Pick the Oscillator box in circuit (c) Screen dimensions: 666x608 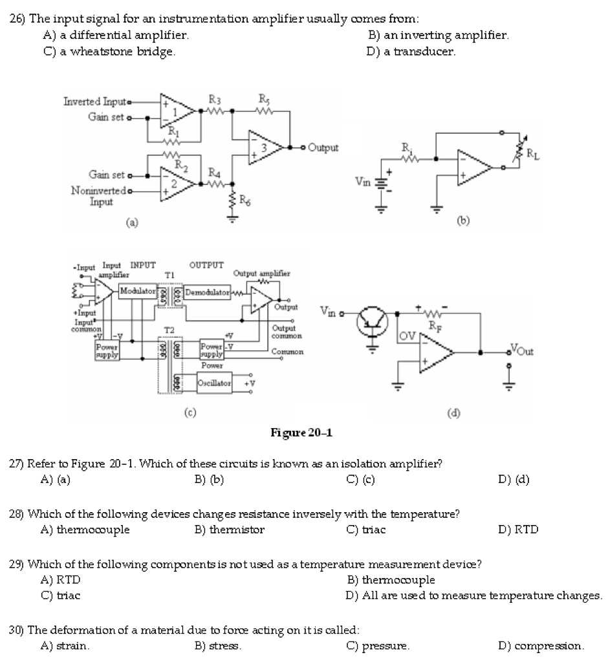215,383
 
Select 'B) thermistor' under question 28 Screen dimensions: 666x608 230,530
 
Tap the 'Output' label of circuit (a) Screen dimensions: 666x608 323,147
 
